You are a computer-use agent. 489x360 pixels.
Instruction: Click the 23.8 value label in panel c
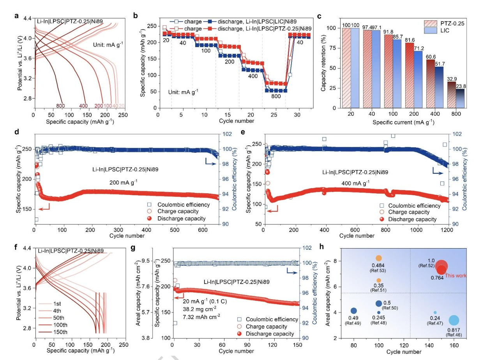click(x=461, y=86)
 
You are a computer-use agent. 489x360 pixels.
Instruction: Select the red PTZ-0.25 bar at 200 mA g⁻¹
click(x=410, y=75)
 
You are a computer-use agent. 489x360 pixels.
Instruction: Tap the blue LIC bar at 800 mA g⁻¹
click(x=460, y=99)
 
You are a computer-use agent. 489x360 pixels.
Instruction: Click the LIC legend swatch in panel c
click(x=431, y=30)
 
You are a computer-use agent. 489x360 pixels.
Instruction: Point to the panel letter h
click(x=321, y=247)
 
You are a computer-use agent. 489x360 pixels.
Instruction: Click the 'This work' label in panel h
click(x=455, y=275)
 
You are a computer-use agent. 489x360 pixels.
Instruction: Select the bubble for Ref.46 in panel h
click(x=454, y=321)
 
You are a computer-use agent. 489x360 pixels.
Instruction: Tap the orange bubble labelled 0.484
click(x=379, y=258)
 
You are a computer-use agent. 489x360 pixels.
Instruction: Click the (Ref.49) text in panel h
click(x=353, y=323)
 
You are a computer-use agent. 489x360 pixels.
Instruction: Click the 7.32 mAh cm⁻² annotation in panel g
click(x=201, y=316)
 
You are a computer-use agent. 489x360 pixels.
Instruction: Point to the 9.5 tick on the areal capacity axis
click(x=145, y=261)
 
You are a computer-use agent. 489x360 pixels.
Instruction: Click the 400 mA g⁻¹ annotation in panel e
click(x=355, y=183)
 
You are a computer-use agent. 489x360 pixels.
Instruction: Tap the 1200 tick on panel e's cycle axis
click(x=447, y=230)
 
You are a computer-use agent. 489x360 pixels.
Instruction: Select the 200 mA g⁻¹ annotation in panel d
click(x=124, y=182)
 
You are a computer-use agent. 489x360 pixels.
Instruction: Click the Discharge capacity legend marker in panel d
click(x=149, y=218)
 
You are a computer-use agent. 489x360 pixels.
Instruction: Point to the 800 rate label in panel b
click(x=276, y=96)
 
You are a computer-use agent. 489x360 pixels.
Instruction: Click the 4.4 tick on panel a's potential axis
click(x=28, y=18)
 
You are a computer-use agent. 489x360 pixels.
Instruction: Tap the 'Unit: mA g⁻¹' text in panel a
click(x=108, y=44)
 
